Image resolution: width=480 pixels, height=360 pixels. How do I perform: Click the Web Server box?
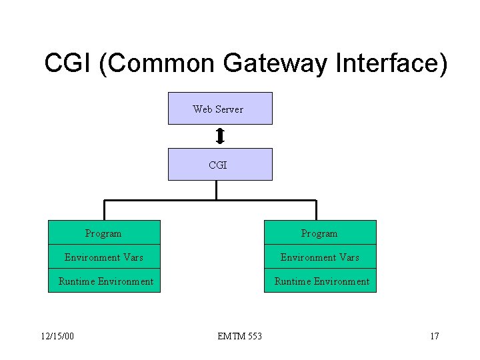tap(219, 109)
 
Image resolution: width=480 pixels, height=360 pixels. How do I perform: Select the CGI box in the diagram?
tap(219, 165)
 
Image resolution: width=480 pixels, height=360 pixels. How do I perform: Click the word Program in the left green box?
tap(103, 234)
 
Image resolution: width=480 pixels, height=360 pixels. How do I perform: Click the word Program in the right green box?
tap(319, 234)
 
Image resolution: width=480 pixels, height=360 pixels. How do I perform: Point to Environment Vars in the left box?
tap(103, 257)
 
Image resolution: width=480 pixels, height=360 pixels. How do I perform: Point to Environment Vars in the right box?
tap(319, 257)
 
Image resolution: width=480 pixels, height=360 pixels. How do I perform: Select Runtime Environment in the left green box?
tap(105, 281)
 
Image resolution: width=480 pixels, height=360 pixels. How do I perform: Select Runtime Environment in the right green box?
tap(321, 281)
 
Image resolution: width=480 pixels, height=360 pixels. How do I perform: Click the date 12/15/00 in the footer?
tap(57, 336)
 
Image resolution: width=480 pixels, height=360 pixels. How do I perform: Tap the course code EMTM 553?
tap(239, 336)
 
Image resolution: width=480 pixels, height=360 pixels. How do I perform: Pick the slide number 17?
tap(434, 336)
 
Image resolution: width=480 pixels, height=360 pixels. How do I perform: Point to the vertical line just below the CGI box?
tap(217, 190)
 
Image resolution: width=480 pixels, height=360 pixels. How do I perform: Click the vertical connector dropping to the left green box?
tap(103, 210)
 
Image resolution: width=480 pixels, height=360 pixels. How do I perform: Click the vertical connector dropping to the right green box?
tap(316, 210)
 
